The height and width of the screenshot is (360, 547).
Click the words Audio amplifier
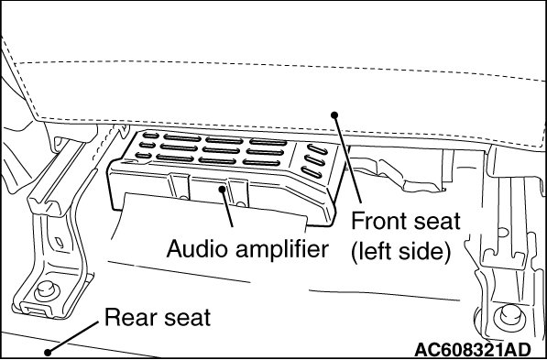coord(247,249)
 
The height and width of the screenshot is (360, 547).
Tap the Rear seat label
coord(158,317)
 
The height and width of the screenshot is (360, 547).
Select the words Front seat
coord(406,221)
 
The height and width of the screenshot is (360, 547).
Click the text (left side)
coord(400,251)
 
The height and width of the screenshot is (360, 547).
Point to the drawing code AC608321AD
coord(473,349)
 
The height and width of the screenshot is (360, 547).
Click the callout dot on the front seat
coord(334,115)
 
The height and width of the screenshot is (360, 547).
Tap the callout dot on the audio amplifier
coord(222,189)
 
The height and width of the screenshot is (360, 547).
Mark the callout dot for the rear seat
coord(48,353)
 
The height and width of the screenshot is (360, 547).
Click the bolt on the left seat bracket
coord(47,289)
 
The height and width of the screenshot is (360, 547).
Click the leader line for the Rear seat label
coord(73,337)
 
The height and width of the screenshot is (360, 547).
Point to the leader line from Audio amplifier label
coord(227,208)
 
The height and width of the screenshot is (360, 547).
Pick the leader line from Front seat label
coord(347,158)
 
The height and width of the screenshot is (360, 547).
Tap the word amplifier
coord(282,250)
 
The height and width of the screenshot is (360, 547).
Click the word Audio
coord(197,249)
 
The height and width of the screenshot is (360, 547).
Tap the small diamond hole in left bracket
coord(60,243)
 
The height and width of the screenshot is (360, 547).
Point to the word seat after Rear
coord(188,318)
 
